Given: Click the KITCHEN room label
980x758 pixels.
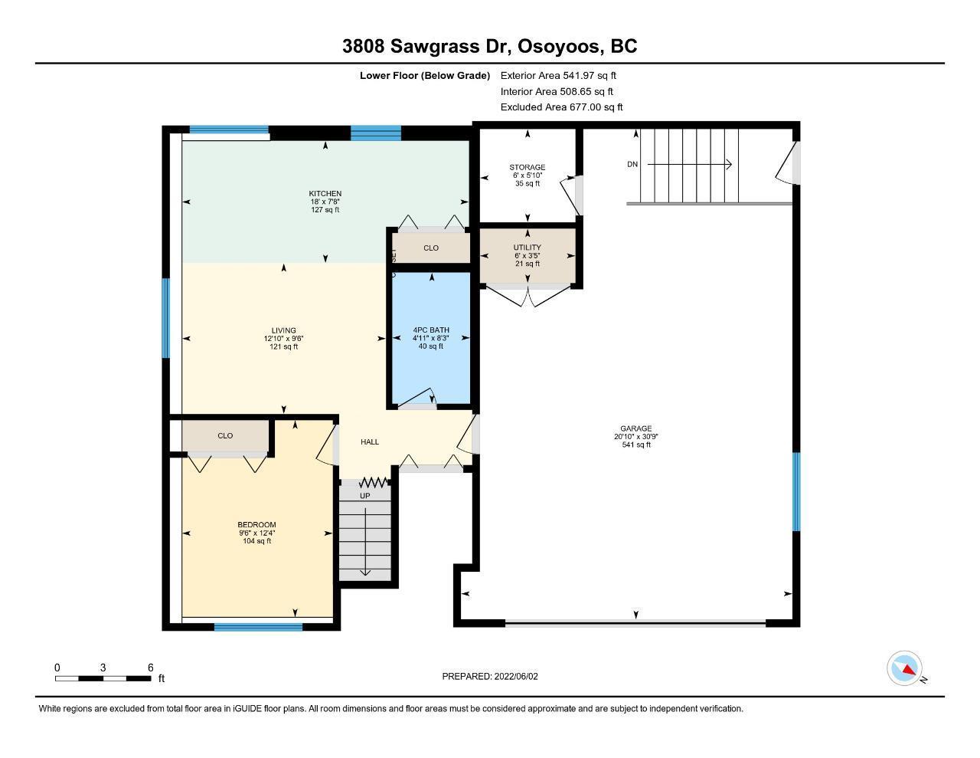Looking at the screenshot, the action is click(x=325, y=193).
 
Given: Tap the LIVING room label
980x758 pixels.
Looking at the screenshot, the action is click(x=284, y=330).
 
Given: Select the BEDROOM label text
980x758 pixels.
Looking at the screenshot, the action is click(x=256, y=524).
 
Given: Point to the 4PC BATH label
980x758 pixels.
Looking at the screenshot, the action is click(x=431, y=330).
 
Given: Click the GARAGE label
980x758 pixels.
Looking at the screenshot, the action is click(x=636, y=428).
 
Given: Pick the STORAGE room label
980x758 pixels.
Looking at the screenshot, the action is click(x=528, y=167).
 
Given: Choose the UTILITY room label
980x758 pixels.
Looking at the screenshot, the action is click(x=528, y=248).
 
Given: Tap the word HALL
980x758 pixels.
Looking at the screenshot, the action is click(x=370, y=442).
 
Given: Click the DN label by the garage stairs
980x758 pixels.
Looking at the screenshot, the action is click(x=632, y=164).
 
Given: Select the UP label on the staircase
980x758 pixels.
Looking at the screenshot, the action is click(x=365, y=496).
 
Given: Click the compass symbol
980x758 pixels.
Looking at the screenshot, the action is click(x=904, y=668).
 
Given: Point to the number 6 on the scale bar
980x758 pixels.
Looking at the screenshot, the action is click(x=151, y=668).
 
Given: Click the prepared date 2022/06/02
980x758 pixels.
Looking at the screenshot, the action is click(x=516, y=676).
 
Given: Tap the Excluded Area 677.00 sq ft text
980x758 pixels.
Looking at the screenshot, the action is click(x=561, y=107).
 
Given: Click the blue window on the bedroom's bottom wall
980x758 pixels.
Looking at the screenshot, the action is click(x=258, y=627).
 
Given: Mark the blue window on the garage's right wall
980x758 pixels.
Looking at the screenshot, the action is click(x=796, y=491).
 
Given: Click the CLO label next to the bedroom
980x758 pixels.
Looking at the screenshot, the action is click(x=225, y=435).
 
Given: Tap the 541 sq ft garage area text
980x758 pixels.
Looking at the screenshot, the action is click(x=636, y=445).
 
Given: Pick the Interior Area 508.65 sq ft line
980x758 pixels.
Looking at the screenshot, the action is click(x=557, y=92).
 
